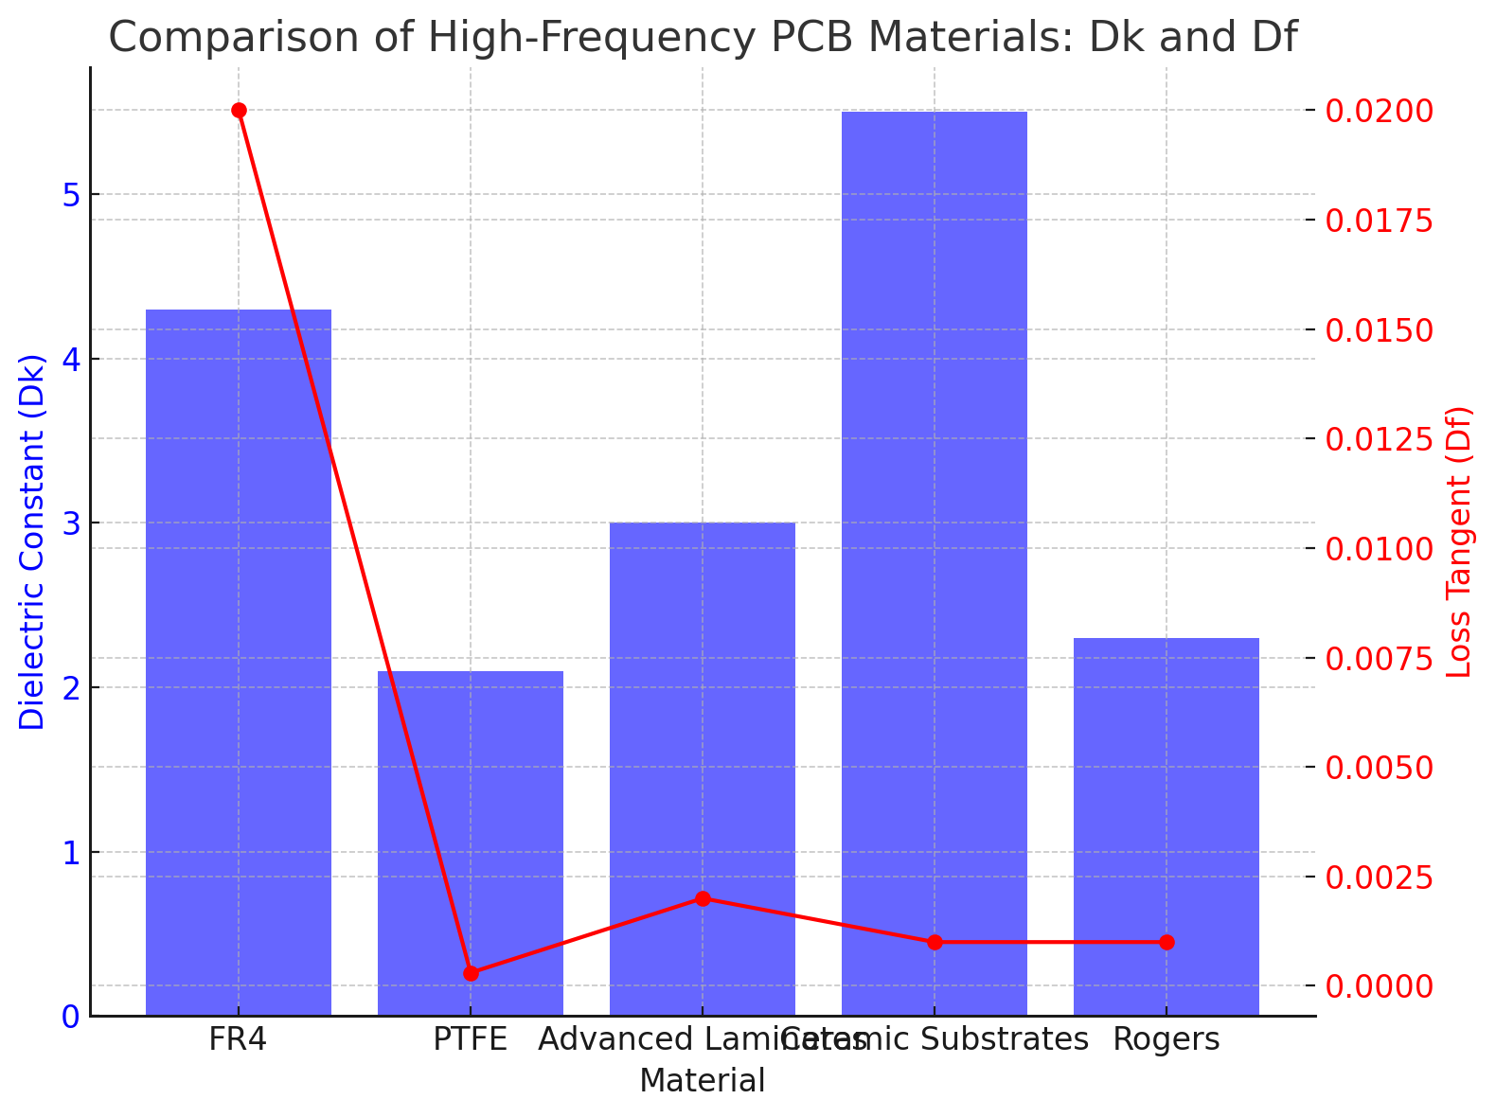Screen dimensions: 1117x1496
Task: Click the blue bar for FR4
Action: [x=239, y=663]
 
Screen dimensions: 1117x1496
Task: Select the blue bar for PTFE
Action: [x=471, y=842]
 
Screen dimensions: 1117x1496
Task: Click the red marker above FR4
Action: [x=239, y=111]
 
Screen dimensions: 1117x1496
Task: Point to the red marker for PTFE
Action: [x=471, y=973]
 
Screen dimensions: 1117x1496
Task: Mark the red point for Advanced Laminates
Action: [x=703, y=898]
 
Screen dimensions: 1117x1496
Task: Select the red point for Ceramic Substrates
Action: [x=935, y=942]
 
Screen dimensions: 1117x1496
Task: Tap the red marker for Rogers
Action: [x=1167, y=942]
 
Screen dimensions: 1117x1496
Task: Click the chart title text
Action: [x=703, y=38]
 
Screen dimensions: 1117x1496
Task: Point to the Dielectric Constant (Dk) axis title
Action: [x=32, y=542]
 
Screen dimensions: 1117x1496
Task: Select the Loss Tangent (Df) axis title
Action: [x=1461, y=542]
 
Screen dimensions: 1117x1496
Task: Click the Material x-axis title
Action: [x=703, y=1080]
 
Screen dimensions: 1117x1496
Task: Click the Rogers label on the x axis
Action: [x=1167, y=1039]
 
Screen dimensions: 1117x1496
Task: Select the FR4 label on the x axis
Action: [x=239, y=1039]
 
